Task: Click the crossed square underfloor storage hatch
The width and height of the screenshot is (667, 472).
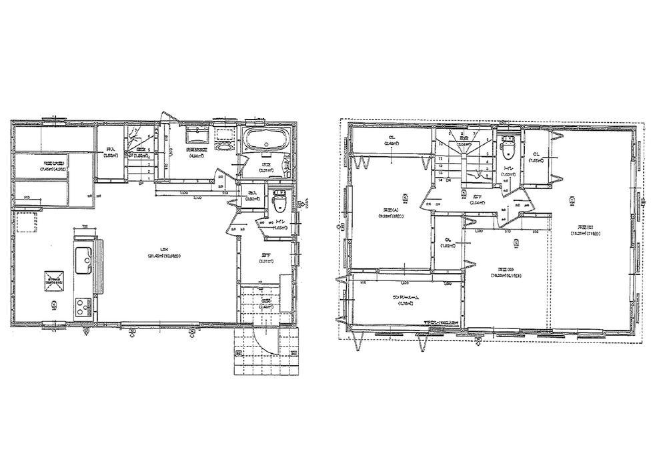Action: click(54, 279)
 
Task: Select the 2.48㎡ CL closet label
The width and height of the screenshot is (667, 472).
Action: click(391, 142)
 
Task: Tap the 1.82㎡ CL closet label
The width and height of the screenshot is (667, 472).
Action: click(448, 243)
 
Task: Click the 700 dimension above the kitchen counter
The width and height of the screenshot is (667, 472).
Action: click(85, 227)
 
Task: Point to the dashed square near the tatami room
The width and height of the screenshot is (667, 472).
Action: click(27, 222)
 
